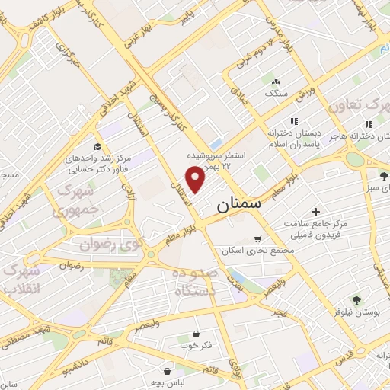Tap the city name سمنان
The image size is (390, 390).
coord(238,204)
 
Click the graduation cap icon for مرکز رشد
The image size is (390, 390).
coord(97,147)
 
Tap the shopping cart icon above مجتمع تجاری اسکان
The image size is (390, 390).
coord(257,239)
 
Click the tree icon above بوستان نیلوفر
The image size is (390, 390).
coord(356,300)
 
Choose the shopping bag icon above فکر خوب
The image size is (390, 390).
coord(197,334)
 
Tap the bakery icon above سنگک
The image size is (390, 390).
coord(275,81)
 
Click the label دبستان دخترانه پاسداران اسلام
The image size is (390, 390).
coord(294,138)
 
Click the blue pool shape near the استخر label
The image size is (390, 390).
coord(216,143)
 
